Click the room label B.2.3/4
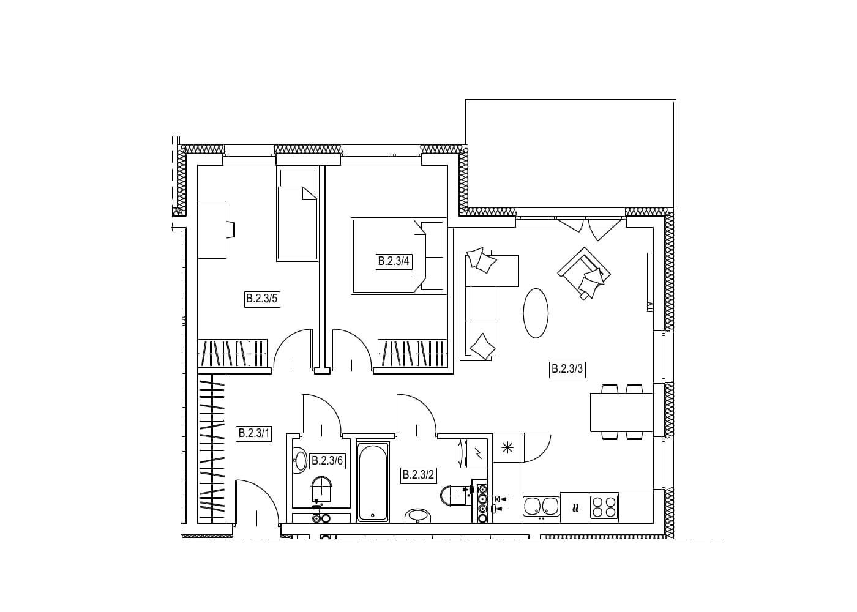394,261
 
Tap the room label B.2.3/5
262,299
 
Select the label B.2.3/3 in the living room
567,369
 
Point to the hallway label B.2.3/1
254,433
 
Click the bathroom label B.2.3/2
418,475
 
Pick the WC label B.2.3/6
327,460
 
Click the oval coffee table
536,313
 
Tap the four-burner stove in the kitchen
604,507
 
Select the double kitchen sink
541,506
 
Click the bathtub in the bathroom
373,481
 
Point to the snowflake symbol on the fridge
507,447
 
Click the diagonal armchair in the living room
584,273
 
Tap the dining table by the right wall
621,412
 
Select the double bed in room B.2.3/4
399,256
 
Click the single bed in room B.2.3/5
298,215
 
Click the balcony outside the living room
571,154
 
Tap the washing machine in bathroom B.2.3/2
473,453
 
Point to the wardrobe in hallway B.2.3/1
212,449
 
